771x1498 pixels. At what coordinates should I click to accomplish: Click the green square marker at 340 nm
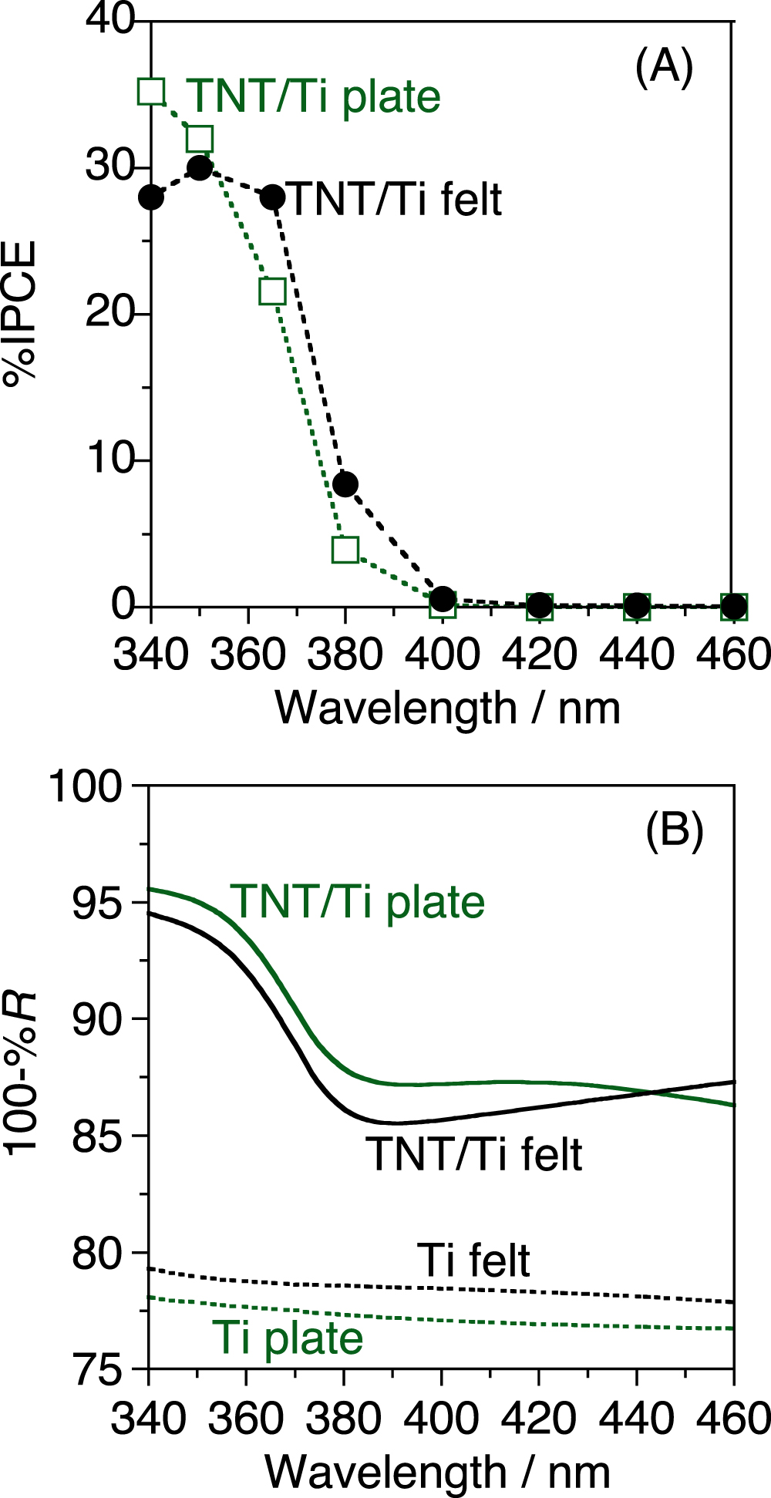[x=152, y=91]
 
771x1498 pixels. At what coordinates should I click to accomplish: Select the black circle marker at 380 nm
[x=345, y=484]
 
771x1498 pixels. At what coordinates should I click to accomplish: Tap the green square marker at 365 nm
[x=273, y=291]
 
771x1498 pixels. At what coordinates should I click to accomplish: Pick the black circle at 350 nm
[x=200, y=168]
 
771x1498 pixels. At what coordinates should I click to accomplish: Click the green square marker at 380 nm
[x=345, y=550]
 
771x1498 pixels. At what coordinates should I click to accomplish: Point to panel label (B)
[x=674, y=831]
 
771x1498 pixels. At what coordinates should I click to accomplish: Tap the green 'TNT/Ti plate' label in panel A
[x=315, y=97]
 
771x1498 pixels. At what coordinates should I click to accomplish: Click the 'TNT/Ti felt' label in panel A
[x=395, y=199]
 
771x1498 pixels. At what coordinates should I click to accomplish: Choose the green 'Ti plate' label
[x=288, y=1337]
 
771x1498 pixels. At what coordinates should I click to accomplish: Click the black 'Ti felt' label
[x=473, y=1261]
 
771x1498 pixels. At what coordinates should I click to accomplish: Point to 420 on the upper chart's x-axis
[x=540, y=655]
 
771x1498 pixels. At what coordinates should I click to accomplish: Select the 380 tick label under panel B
[x=343, y=1419]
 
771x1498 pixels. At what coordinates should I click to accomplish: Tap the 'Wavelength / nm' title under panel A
[x=448, y=708]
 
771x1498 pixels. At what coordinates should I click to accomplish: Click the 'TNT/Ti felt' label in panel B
[x=474, y=1154]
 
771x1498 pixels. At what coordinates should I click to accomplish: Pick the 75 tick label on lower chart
[x=97, y=1370]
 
